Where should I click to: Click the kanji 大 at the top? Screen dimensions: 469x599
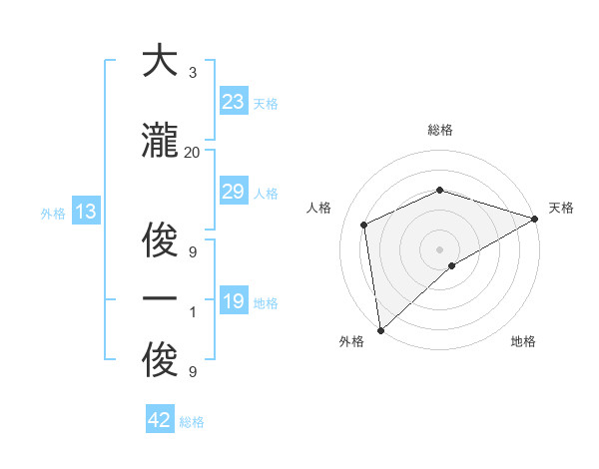[160, 63]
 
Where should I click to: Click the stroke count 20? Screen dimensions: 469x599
[192, 153]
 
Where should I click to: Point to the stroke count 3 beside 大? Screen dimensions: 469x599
[192, 73]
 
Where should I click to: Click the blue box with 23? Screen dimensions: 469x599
[234, 102]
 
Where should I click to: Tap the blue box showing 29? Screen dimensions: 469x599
[234, 192]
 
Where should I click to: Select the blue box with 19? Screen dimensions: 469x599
[234, 301]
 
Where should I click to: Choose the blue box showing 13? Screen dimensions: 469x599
[85, 212]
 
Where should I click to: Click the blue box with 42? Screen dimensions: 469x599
[160, 420]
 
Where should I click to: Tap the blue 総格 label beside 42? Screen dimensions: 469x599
[192, 422]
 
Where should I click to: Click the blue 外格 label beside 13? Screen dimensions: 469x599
[53, 213]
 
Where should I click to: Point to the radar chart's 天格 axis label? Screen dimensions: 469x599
[562, 208]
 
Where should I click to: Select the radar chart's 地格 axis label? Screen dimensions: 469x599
[523, 342]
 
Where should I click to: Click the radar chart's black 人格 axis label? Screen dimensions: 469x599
[319, 208]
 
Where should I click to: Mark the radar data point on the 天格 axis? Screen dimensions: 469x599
[535, 219]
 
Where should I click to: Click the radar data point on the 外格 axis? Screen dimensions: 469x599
[379, 330]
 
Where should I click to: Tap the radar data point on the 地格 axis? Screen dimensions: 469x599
[452, 265]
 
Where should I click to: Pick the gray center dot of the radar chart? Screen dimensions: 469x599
[440, 248]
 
